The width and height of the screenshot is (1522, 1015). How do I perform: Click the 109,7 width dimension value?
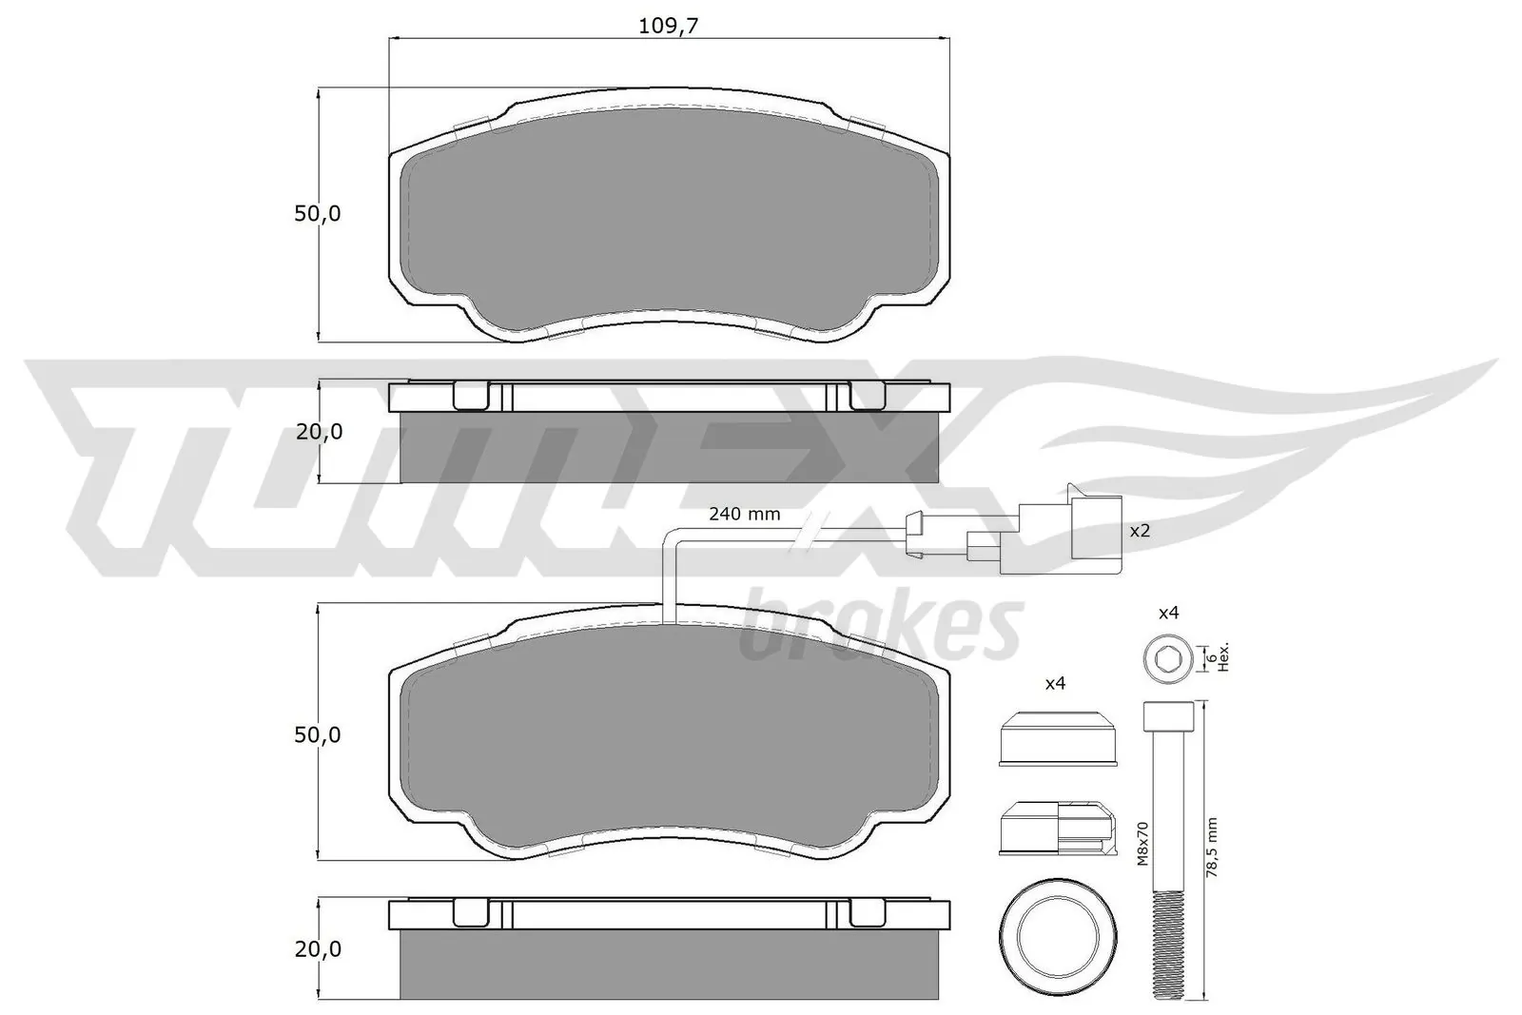pos(668,26)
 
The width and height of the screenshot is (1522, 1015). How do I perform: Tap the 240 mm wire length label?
pos(744,515)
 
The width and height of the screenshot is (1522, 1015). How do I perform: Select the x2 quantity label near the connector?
pos(1140,530)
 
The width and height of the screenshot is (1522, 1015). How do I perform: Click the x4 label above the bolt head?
pos(1168,614)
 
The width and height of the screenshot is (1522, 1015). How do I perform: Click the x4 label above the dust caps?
pos(1055,683)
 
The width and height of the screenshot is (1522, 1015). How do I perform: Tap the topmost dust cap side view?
pos(1056,736)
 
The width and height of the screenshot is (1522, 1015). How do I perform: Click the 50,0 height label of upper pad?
pos(317,214)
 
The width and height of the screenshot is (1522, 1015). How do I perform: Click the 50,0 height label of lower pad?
pos(317,734)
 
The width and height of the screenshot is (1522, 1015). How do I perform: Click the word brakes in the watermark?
pos(880,628)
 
